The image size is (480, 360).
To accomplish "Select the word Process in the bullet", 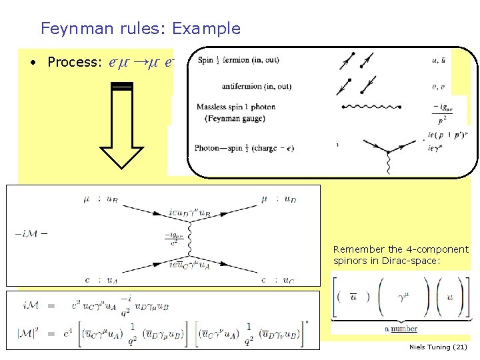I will point(73,62).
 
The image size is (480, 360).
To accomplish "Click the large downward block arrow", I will point(123,127).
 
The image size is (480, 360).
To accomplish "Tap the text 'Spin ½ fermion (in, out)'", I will point(238,61).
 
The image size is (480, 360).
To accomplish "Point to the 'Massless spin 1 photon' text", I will point(235,107).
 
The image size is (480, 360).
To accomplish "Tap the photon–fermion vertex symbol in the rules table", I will point(386,151).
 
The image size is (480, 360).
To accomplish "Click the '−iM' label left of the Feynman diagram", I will point(27,233).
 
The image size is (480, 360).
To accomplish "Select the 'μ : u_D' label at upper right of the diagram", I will point(275,199).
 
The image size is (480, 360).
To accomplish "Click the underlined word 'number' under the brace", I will point(404,329).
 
